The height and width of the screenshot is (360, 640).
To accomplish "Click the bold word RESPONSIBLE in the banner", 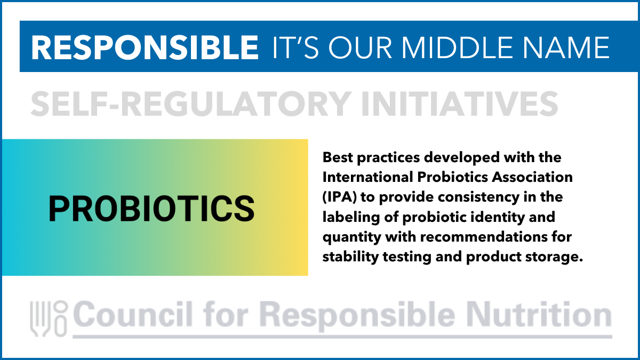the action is point(145,47).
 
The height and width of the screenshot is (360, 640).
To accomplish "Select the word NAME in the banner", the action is point(566,47).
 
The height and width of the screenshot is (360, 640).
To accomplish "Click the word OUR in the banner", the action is point(361,47).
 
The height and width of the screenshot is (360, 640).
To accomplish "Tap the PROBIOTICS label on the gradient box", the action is point(151,209).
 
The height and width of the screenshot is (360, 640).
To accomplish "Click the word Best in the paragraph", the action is point(338,157).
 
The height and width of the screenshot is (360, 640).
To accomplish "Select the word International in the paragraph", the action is point(367,177).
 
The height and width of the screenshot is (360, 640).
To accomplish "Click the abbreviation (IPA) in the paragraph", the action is point(339,197).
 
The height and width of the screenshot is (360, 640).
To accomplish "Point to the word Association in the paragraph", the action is point(532,177).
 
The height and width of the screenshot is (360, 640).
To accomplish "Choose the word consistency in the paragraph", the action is point(478,197).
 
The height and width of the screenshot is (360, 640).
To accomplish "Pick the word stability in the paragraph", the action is point(350,257).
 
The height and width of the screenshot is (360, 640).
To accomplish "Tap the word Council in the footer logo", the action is point(132,314).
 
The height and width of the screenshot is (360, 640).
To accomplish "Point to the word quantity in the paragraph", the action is point(351,237).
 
